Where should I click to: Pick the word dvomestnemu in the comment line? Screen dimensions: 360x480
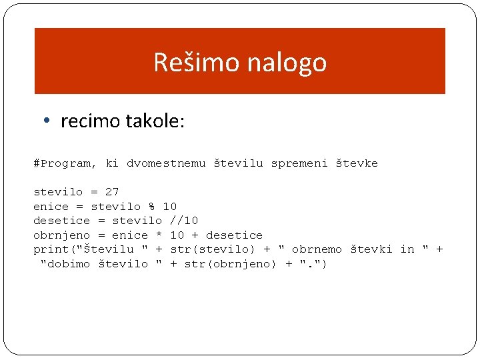pyautogui.click(x=166, y=163)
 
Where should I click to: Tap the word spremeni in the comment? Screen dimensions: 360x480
pyautogui.click(x=299, y=163)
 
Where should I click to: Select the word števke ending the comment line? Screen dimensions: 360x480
pyautogui.click(x=356, y=163)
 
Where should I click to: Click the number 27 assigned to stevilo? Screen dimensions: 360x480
pyautogui.click(x=112, y=192)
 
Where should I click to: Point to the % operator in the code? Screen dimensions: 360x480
pyautogui.click(x=151, y=207)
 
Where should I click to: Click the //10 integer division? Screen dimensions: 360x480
pyautogui.click(x=184, y=221)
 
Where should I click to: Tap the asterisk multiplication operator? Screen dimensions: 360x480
pyautogui.click(x=159, y=235)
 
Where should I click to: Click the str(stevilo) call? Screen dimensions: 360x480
pyautogui.click(x=213, y=249)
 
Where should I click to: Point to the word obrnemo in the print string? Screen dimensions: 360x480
pyautogui.click(x=317, y=249)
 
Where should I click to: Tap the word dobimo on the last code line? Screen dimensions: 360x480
pyautogui.click(x=69, y=264)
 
